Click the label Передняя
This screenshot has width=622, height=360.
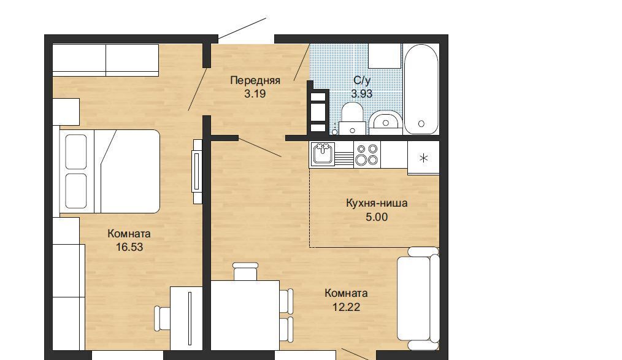click(255, 80)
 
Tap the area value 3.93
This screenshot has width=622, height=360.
click(361, 94)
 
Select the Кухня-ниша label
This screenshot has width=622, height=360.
click(377, 204)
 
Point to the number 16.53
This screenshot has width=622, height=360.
click(129, 247)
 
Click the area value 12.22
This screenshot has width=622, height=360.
click(347, 307)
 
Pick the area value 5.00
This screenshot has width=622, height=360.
click(377, 217)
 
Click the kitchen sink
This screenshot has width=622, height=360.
click(324, 154)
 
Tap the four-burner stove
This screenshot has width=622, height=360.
click(367, 154)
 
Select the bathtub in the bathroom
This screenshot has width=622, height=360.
click(421, 89)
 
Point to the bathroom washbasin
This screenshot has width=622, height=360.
click(386, 120)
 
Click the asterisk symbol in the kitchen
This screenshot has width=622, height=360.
click(424, 158)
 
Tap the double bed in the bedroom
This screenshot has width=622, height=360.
click(109, 171)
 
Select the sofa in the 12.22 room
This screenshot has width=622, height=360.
click(418, 299)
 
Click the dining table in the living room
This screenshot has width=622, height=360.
click(245, 315)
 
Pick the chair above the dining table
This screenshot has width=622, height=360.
click(245, 272)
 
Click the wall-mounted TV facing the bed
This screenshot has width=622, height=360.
click(197, 171)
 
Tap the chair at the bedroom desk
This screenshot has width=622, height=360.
click(163, 318)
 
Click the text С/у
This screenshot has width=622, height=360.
click(362, 80)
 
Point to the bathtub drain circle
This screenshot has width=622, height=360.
click(421, 124)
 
